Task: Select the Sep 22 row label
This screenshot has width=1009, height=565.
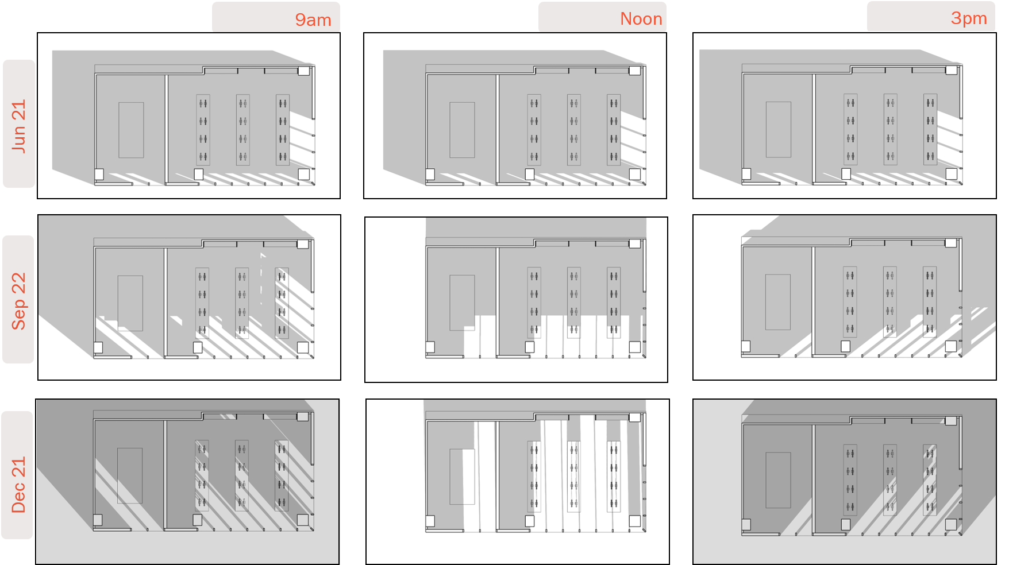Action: (18, 299)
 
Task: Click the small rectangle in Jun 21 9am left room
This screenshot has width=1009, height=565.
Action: (131, 130)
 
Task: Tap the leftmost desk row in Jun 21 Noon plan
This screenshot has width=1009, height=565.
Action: (534, 130)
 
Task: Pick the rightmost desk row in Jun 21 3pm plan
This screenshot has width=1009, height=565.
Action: (930, 130)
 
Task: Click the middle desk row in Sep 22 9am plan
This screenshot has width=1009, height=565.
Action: (242, 303)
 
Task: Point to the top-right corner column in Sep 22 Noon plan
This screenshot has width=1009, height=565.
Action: (634, 243)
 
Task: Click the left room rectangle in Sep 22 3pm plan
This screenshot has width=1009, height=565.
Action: (777, 302)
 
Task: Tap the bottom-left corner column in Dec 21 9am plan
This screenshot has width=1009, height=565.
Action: (98, 520)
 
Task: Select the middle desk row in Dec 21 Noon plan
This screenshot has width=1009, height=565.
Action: (573, 477)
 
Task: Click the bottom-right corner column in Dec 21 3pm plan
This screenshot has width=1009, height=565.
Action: (950, 524)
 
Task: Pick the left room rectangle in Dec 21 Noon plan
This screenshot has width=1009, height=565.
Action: (462, 477)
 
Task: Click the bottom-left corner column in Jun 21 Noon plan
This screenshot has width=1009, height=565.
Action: (430, 174)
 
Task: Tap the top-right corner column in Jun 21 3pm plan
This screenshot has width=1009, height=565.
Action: (951, 70)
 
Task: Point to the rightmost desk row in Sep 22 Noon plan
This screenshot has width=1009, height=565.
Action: (614, 303)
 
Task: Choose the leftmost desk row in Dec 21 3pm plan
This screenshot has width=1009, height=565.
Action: (850, 480)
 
